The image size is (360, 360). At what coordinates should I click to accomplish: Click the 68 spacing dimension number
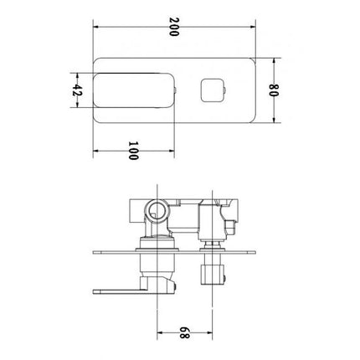[x=185, y=337]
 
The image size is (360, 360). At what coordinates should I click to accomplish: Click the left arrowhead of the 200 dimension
[x=94, y=27]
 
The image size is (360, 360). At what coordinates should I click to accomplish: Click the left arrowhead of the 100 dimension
[x=94, y=152]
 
